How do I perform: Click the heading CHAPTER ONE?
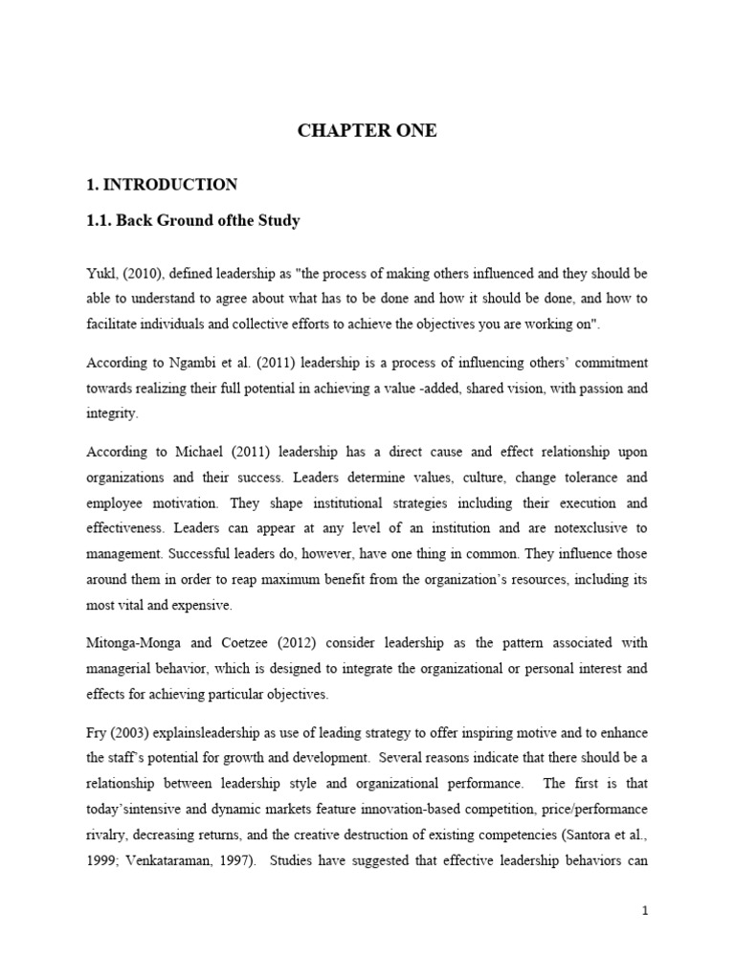367,131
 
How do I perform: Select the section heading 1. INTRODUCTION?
162,184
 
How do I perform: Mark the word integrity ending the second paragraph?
112,414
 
